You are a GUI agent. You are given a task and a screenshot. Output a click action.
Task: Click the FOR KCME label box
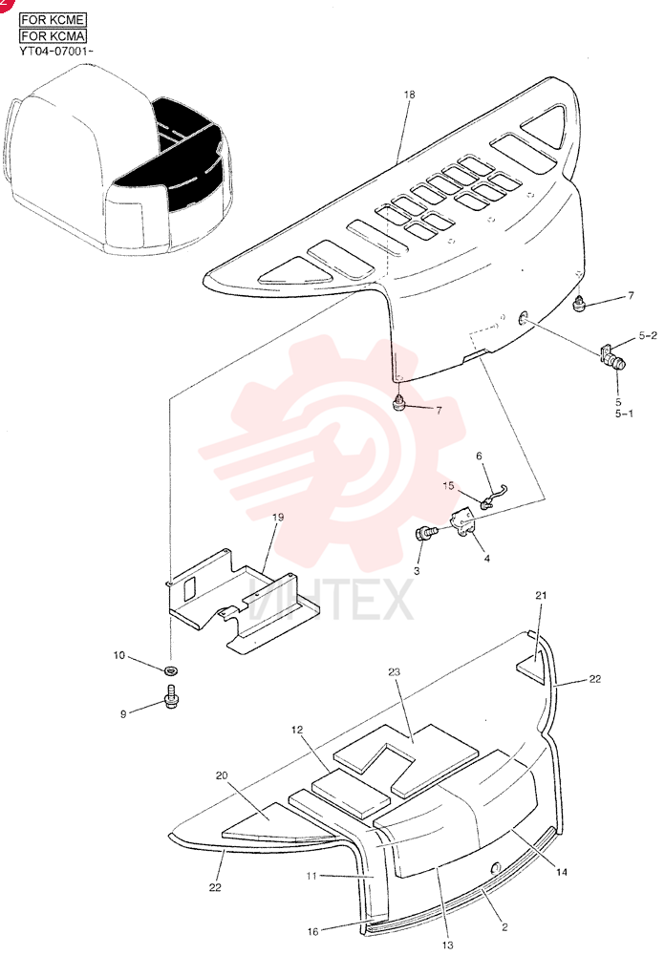(53, 19)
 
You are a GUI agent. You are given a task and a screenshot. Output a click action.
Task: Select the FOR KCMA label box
(53, 36)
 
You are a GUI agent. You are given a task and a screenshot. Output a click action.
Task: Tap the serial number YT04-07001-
(56, 52)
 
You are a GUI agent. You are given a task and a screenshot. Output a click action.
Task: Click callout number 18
(409, 95)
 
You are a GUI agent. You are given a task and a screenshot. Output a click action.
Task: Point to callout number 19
(278, 517)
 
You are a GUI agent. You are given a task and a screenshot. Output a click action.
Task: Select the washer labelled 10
(171, 670)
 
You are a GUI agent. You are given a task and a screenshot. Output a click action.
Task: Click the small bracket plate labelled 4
(463, 523)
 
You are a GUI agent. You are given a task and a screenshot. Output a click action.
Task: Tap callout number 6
(479, 456)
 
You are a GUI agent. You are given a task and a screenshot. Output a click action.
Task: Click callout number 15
(449, 486)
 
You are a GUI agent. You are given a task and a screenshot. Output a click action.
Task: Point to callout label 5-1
(624, 414)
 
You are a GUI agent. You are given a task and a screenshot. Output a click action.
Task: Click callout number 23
(395, 671)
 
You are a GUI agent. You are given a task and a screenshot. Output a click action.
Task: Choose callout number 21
(541, 596)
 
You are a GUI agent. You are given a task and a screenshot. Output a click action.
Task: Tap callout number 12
(297, 730)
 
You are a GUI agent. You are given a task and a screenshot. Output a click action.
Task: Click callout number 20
(222, 775)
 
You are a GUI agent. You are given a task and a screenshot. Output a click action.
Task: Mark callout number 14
(562, 872)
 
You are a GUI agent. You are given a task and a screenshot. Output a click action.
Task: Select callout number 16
(312, 932)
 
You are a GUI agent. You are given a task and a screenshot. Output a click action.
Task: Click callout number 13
(447, 945)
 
